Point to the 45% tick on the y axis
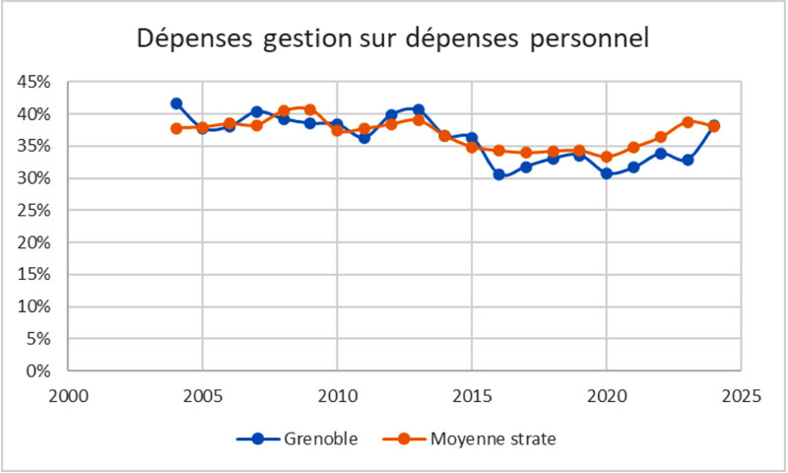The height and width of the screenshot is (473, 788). click(34, 82)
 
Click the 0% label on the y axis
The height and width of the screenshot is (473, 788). click(38, 371)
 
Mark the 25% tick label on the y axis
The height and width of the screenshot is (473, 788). click(34, 242)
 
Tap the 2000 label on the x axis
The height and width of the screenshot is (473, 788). click(68, 396)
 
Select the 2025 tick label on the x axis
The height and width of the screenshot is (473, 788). click(741, 396)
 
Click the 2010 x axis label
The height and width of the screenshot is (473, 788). click(337, 396)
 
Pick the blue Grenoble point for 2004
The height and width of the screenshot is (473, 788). click(176, 103)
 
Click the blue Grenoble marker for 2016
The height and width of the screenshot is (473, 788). click(499, 174)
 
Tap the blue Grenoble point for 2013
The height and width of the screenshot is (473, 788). click(419, 109)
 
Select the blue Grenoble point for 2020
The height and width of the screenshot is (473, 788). click(607, 173)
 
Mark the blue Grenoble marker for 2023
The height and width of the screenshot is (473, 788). click(688, 160)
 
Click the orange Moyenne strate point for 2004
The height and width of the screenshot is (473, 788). click(176, 128)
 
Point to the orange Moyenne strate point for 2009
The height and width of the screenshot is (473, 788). click(310, 109)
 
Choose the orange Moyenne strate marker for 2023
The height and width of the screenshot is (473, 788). click(688, 122)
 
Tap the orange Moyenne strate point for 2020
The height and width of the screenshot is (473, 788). click(607, 157)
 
